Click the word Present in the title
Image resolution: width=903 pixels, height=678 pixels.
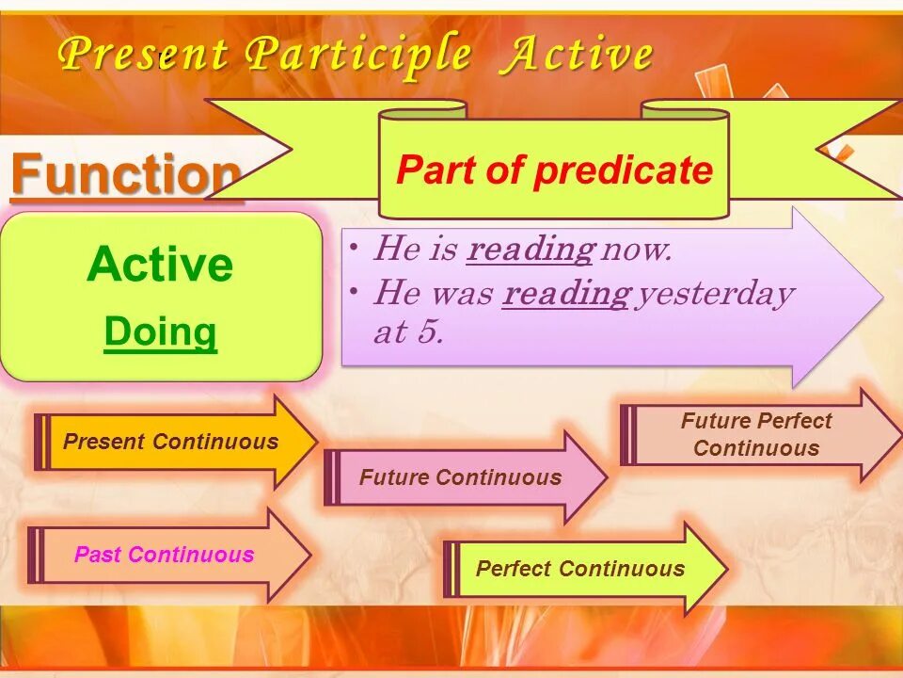click(143, 53)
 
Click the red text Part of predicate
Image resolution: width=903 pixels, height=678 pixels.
click(555, 170)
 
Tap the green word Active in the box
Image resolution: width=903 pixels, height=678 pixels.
click(160, 264)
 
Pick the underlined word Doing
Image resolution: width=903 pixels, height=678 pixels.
click(161, 333)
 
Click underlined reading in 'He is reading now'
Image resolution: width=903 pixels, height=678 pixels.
click(530, 250)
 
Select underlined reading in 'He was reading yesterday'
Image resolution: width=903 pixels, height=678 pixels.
click(566, 294)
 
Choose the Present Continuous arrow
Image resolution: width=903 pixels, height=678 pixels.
click(176, 442)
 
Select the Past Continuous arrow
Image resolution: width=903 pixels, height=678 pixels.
click(169, 555)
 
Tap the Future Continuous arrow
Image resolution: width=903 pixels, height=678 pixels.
click(466, 477)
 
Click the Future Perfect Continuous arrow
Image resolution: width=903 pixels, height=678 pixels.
click(761, 435)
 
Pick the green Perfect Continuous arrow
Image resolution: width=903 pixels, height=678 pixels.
click(586, 569)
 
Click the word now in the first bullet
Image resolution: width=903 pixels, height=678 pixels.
click(636, 250)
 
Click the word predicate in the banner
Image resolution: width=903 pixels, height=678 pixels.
click(624, 170)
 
